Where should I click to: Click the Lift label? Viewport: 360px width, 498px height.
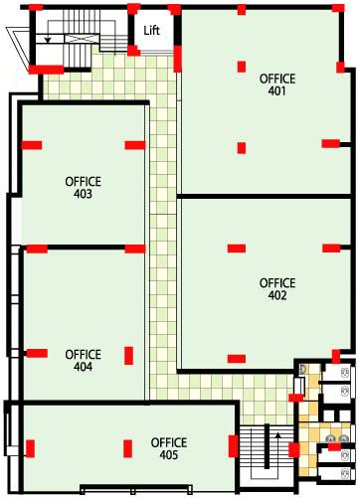(152, 31)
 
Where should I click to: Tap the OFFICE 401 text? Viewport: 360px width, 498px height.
(277, 84)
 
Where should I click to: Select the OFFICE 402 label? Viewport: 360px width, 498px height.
(277, 289)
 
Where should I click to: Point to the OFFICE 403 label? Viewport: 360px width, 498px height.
(83, 188)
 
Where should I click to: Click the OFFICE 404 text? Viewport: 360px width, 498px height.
(83, 361)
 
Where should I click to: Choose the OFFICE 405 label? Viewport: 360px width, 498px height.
(169, 448)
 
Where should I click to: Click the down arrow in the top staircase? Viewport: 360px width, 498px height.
(48, 40)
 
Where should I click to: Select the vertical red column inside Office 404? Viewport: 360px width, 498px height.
(129, 356)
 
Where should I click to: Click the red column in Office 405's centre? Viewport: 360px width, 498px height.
(127, 448)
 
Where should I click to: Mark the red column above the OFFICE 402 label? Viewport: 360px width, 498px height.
(237, 249)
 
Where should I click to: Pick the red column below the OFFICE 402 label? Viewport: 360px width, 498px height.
(237, 359)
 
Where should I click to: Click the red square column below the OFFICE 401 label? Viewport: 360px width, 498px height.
(242, 148)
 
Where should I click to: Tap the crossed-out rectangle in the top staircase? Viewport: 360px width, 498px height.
(82, 39)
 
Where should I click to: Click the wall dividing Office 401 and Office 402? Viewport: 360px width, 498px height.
(264, 197)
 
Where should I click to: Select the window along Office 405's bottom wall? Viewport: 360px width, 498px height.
(136, 489)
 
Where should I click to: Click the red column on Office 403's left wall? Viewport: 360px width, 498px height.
(32, 145)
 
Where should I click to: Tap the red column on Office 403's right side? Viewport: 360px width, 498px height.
(135, 145)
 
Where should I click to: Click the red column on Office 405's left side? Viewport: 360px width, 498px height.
(30, 448)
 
